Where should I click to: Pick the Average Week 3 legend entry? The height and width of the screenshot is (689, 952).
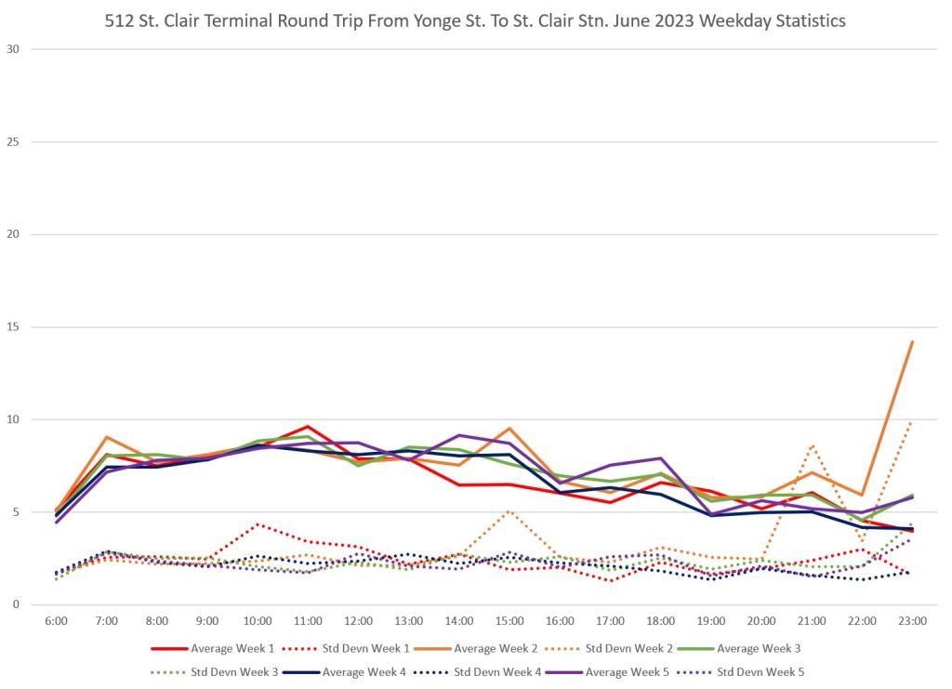pyautogui.click(x=731, y=647)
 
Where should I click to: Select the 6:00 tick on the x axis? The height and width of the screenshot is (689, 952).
pyautogui.click(x=57, y=620)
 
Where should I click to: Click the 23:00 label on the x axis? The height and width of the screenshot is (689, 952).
pyautogui.click(x=912, y=620)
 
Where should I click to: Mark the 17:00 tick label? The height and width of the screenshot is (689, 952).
pyautogui.click(x=610, y=620)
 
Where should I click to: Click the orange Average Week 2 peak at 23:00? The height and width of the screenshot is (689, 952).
pyautogui.click(x=912, y=342)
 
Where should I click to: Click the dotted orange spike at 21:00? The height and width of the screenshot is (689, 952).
pyautogui.click(x=812, y=446)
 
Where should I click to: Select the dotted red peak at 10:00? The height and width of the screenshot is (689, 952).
pyautogui.click(x=258, y=524)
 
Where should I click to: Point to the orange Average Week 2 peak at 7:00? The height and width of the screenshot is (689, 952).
pyautogui.click(x=107, y=437)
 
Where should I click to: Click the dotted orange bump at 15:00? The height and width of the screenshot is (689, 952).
pyautogui.click(x=509, y=510)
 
